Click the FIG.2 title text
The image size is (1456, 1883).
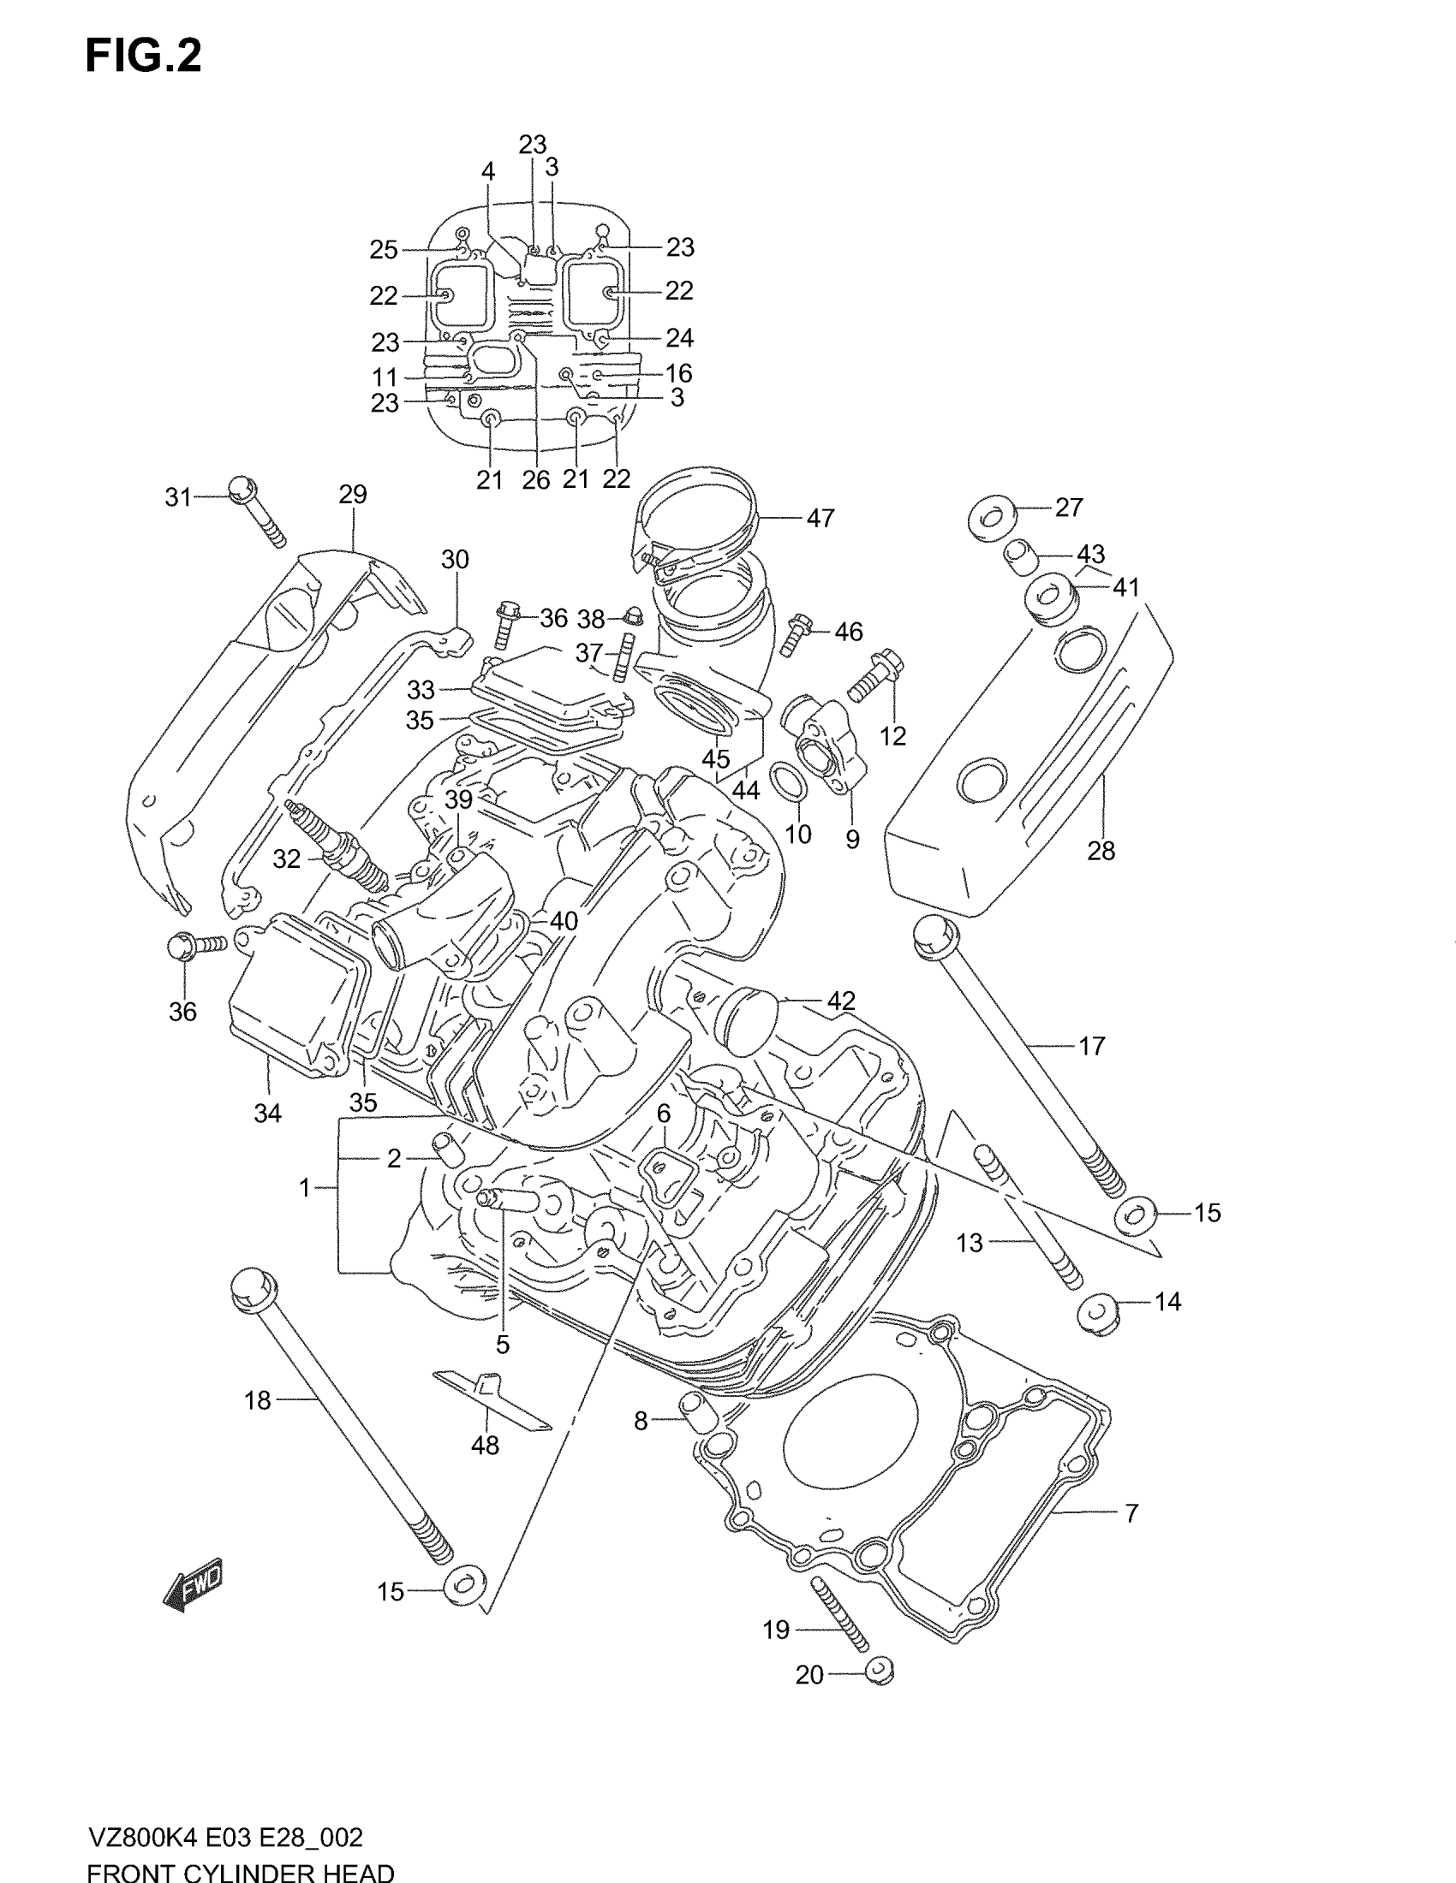point(143,56)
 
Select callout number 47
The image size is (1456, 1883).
point(820,518)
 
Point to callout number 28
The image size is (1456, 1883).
point(1101,851)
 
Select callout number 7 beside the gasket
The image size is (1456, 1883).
point(1131,1512)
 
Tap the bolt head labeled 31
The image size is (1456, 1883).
point(242,489)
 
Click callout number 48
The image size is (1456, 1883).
point(485,1446)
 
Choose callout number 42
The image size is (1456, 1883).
point(841,1001)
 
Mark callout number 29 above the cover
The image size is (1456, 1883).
point(353,494)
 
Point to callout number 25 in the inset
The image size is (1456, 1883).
point(384,250)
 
